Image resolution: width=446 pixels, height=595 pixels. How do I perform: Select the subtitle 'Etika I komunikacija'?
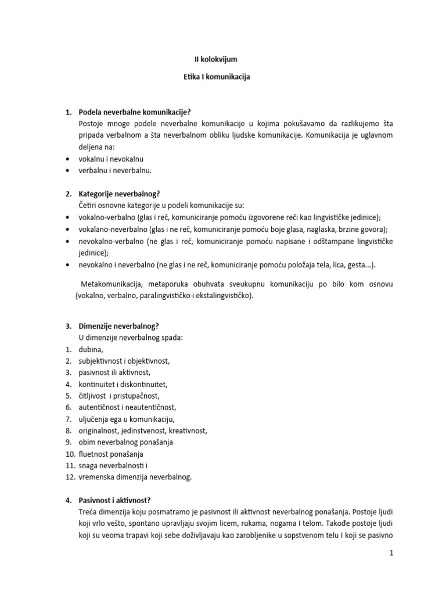point(215,77)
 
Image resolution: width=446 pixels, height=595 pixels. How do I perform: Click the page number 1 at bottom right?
point(392,554)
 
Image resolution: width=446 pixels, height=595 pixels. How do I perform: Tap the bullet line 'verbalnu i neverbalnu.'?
point(115,170)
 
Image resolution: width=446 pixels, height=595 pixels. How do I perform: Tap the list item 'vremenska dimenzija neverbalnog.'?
point(135,477)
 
